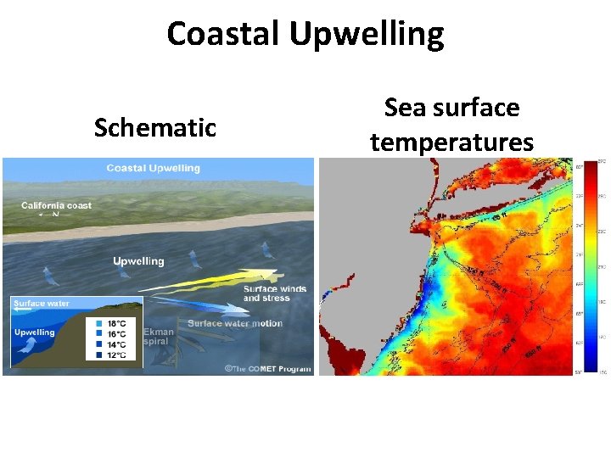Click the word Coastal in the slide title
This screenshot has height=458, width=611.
click(x=224, y=35)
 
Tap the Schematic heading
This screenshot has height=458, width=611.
click(x=155, y=128)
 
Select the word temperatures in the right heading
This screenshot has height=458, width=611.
click(x=451, y=142)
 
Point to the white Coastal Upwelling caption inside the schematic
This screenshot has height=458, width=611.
click(x=154, y=168)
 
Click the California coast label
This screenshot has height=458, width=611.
click(x=56, y=205)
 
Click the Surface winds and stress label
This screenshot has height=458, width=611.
click(x=274, y=293)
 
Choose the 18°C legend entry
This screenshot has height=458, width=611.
click(x=115, y=324)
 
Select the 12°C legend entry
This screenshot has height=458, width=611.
click(x=115, y=355)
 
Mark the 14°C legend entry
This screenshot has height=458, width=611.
click(x=115, y=344)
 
